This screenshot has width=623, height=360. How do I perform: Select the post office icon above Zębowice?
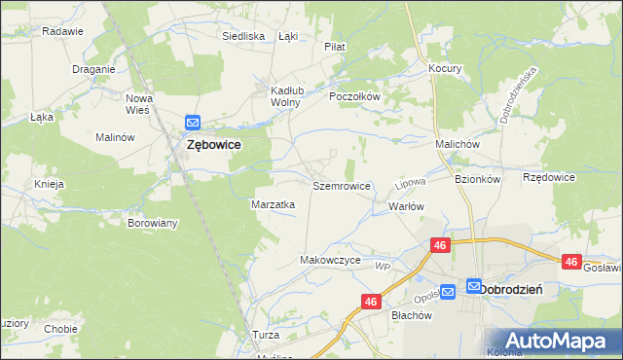(x=193, y=123)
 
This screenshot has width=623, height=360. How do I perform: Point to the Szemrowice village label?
(x=340, y=185)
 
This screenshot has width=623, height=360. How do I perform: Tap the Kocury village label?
(x=445, y=69)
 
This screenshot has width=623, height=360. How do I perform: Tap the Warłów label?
(x=407, y=206)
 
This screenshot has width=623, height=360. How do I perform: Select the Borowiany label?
(x=153, y=223)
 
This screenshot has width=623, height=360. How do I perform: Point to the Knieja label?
(x=49, y=184)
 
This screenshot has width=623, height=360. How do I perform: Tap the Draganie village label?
(x=94, y=69)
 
